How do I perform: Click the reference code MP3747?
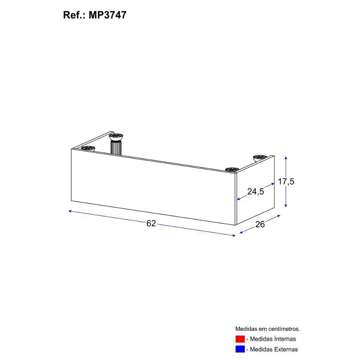pos(107,15)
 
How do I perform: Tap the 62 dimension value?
pos(151,224)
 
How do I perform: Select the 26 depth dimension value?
pos(260,224)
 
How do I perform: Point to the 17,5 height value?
pos(286,181)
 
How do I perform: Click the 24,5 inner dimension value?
pos(256,192)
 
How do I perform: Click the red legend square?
pos(240,339)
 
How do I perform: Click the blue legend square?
pos(240,349)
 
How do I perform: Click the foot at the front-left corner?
pos(87,148)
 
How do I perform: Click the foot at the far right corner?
pos(260,158)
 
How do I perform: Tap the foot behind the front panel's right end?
pos(232,169)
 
